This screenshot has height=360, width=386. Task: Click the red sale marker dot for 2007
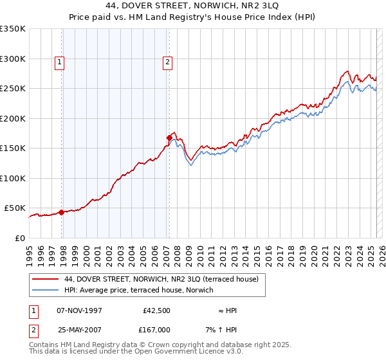coord(169,137)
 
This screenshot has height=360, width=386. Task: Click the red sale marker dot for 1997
coord(62,212)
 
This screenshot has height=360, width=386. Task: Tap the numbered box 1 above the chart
coord(59,62)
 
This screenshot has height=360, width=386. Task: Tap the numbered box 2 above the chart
coord(167,62)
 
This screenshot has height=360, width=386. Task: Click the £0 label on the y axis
coord(20,238)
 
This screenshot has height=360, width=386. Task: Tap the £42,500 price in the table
coord(156,310)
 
